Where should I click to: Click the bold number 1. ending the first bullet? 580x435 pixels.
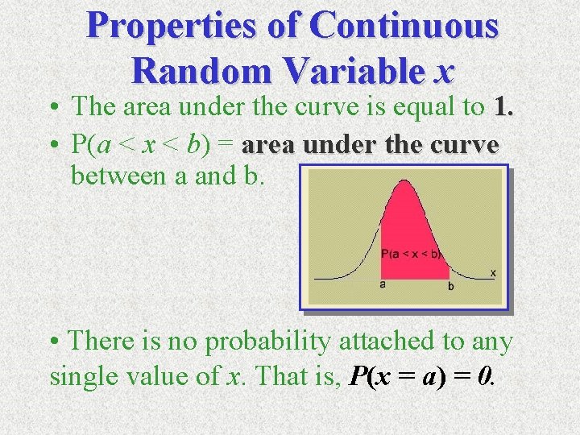pos(502,106)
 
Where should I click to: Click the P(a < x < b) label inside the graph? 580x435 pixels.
pos(411,254)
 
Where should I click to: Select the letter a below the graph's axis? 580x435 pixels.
pos(382,284)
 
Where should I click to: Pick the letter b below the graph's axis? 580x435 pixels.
pos(450,286)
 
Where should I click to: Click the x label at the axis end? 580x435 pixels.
pos(492,273)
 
